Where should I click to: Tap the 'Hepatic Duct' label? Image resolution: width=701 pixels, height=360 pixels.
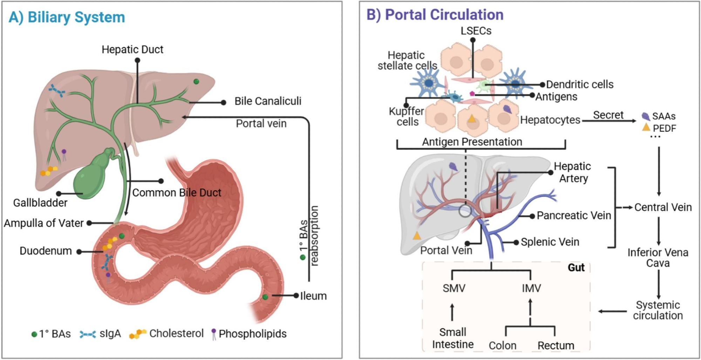point(132,49)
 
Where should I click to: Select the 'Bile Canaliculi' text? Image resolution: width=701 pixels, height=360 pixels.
point(268,101)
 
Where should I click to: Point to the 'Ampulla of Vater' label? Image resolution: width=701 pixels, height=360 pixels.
point(44,223)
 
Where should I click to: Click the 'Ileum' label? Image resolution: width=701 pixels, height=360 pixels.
point(313,296)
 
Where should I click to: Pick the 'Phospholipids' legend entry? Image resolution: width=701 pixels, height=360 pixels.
point(252,334)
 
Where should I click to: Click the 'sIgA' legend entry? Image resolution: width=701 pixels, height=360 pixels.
point(110,333)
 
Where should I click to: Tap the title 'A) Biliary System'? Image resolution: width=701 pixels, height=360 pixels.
point(67,17)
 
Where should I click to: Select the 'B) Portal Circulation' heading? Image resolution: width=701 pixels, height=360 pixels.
point(435,15)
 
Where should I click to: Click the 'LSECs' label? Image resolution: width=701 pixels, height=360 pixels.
point(476,31)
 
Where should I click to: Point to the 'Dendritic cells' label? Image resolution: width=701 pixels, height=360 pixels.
point(580,84)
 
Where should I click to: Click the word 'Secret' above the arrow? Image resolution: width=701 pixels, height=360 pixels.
point(608,115)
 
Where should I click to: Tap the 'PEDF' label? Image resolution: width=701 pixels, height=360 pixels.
point(664,128)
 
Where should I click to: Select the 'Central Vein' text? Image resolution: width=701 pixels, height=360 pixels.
point(663,207)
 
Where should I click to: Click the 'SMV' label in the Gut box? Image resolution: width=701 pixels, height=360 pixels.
point(454,288)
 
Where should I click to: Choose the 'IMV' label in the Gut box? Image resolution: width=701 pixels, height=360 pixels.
point(531,288)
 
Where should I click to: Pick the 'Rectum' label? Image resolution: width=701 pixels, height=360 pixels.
point(556,345)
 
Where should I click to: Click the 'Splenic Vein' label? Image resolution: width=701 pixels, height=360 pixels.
point(550,242)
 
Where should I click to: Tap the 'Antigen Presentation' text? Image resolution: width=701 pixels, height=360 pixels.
point(472,142)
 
